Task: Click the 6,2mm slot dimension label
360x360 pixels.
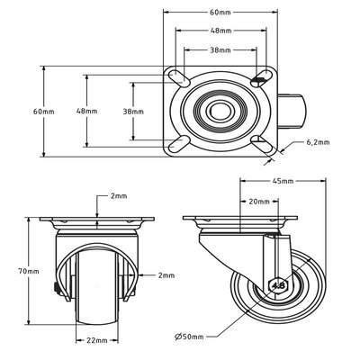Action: pos(318,142)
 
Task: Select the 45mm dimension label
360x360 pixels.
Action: pos(287,181)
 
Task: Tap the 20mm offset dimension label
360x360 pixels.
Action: pos(261,202)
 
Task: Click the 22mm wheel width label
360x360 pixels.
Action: pos(96,340)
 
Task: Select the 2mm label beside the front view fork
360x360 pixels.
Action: pos(166,274)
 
